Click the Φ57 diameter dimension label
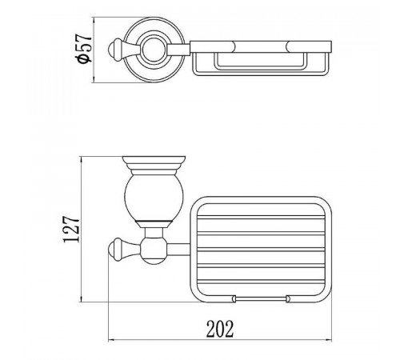point(84,48)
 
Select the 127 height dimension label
point(71,229)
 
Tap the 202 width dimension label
point(220,329)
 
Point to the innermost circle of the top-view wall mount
point(154,50)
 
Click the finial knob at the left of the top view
point(116,50)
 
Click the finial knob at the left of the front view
point(116,250)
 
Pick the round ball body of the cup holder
point(154,198)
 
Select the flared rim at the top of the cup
point(154,160)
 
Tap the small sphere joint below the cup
point(154,250)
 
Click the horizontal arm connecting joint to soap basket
point(178,250)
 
